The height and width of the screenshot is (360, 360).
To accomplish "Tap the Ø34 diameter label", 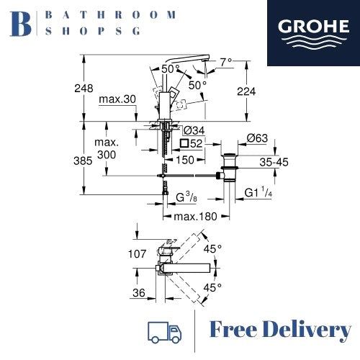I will coord(193,130).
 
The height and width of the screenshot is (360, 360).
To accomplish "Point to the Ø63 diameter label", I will coord(258,138).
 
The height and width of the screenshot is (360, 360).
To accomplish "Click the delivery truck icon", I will coord(163,330).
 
